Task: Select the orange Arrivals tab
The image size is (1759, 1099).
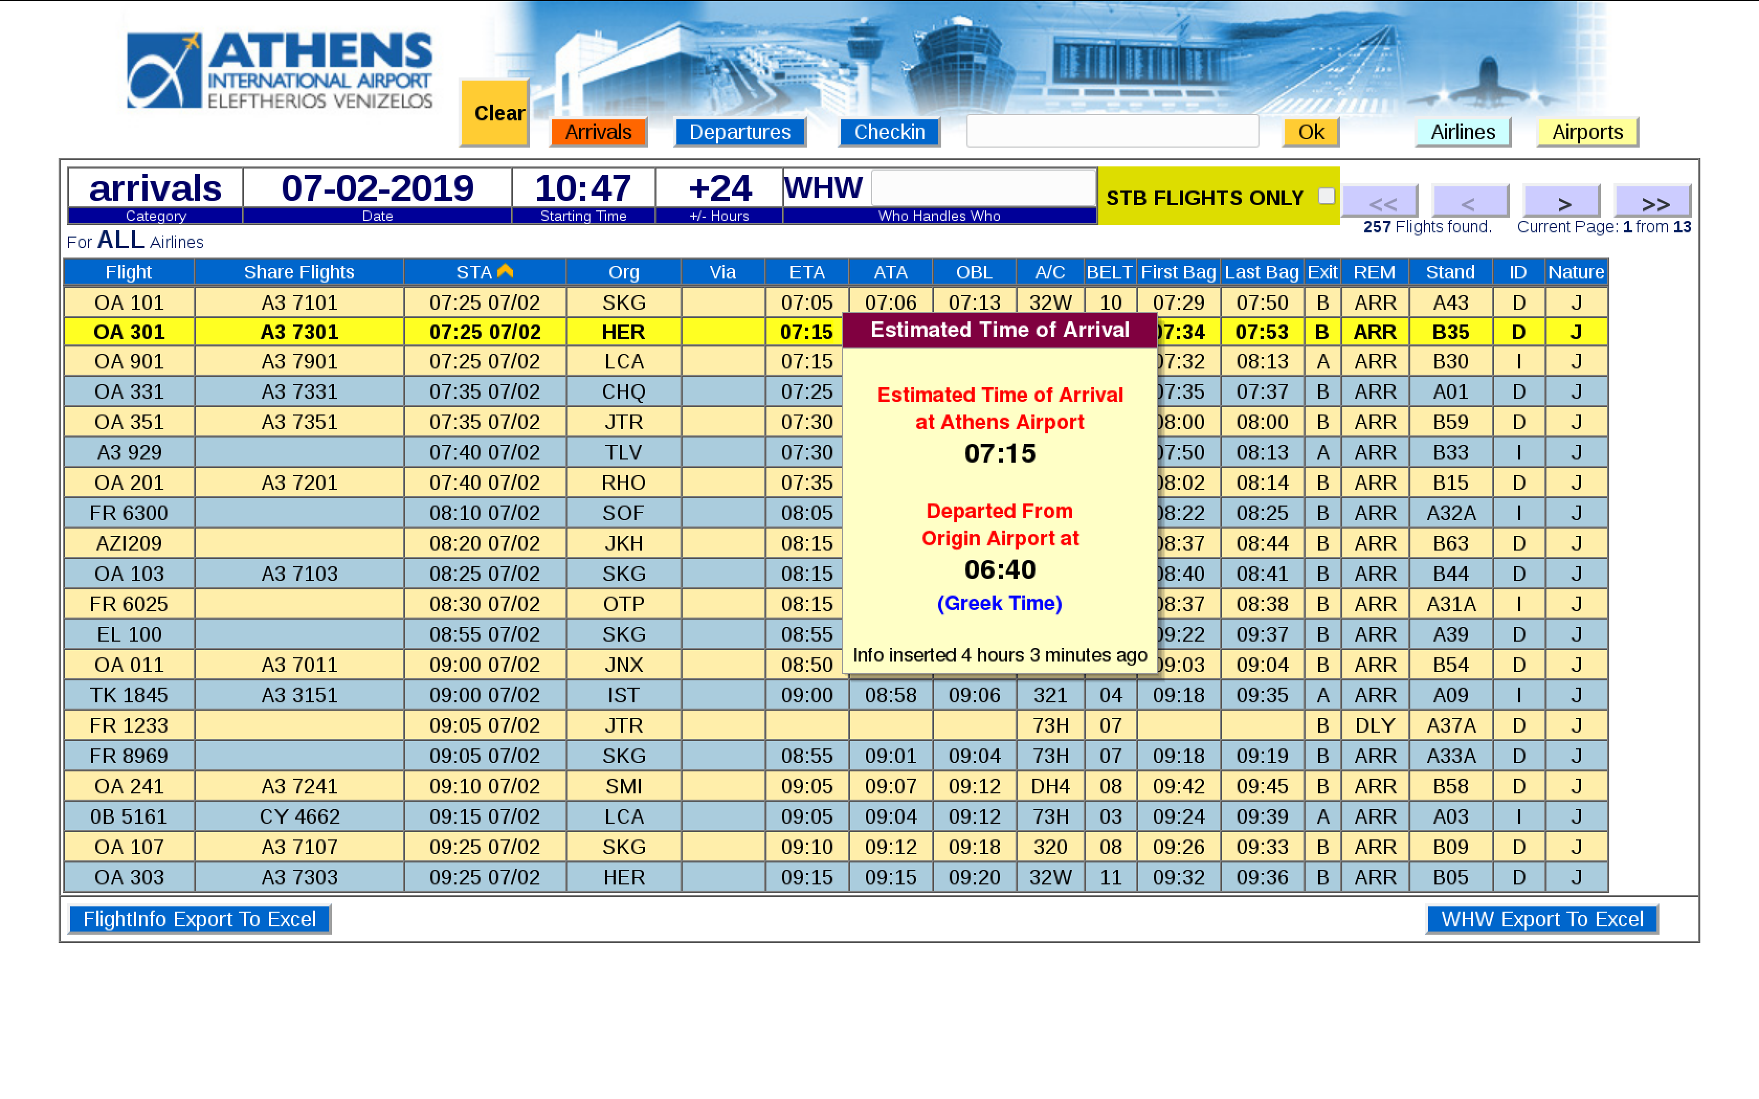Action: coord(598,132)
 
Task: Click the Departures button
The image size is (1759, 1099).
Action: coord(739,132)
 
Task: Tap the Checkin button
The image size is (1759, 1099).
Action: coord(889,132)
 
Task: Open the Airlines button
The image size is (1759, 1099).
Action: coord(1463,132)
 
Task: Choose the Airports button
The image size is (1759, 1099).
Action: coord(1587,132)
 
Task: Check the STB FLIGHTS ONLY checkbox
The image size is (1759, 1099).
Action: coord(1326,196)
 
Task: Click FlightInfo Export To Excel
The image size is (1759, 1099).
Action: coord(199,919)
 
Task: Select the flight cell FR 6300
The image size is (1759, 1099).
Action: coord(129,513)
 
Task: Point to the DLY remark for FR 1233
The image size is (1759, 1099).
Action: coord(1375,725)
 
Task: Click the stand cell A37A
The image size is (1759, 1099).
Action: coord(1451,725)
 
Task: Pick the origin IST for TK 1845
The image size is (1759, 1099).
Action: coord(623,695)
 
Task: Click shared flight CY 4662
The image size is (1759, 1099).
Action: coord(299,816)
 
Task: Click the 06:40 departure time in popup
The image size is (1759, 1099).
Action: coord(999,570)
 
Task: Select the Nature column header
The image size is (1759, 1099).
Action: coord(1576,272)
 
